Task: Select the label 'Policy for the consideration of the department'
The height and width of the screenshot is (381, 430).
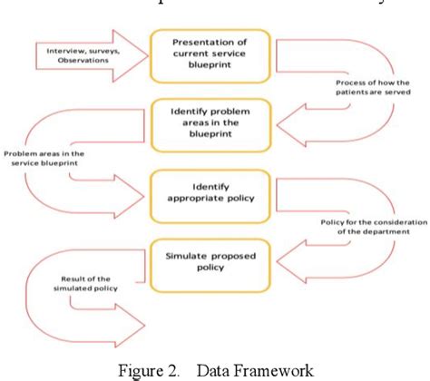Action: tap(370, 223)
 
